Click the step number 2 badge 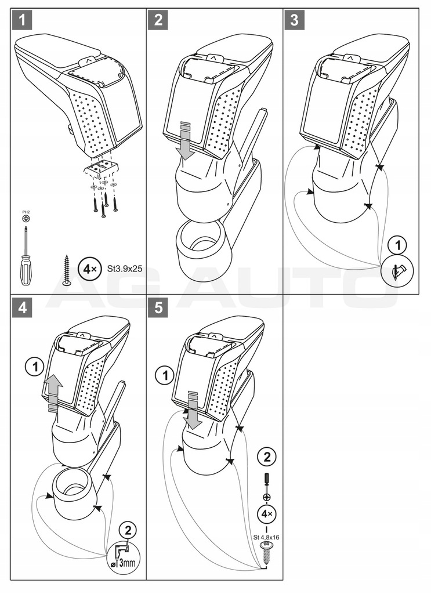pyautogui.click(x=158, y=20)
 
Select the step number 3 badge pyautogui.click(x=295, y=20)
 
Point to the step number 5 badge pyautogui.click(x=158, y=308)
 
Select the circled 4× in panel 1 pyautogui.click(x=88, y=269)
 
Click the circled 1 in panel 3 pyautogui.click(x=397, y=245)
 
